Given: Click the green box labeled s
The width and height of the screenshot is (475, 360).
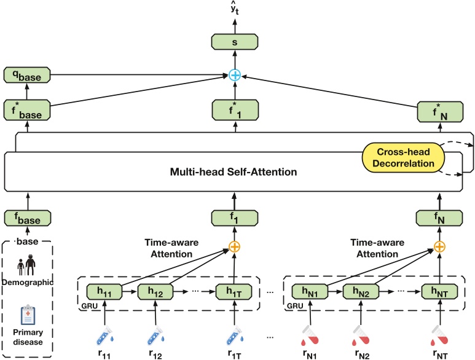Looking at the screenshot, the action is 235,42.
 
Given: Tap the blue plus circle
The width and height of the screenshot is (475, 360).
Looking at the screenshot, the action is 235,75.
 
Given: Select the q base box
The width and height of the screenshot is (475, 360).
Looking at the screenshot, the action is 27,75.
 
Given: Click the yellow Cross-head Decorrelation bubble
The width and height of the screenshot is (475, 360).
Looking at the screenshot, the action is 403,158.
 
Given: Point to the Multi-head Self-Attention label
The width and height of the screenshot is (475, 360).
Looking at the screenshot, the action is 234,171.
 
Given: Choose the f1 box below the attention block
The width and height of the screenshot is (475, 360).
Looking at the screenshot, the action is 235,218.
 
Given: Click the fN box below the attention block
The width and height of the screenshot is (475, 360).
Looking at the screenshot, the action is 439,218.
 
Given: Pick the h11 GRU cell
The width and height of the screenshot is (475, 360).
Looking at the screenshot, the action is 104,292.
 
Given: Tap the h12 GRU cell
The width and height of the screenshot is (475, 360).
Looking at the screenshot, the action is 155,292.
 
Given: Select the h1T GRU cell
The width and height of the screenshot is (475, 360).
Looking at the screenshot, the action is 234,292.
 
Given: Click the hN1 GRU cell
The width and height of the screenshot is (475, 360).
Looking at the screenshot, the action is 310,292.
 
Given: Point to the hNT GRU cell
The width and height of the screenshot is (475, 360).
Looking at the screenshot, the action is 439,292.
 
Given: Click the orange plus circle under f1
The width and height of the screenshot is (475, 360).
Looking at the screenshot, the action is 234,247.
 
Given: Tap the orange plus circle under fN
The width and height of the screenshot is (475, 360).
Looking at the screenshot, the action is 439,247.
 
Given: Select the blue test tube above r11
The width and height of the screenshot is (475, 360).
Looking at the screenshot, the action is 105,335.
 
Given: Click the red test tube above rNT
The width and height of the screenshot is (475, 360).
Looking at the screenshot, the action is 439,335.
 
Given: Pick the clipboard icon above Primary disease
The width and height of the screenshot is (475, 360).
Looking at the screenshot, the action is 28,315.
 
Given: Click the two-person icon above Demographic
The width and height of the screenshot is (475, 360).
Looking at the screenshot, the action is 26,265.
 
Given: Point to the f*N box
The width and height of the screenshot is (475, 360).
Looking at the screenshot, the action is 440,112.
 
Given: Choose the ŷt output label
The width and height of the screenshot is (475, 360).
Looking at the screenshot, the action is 235,9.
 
